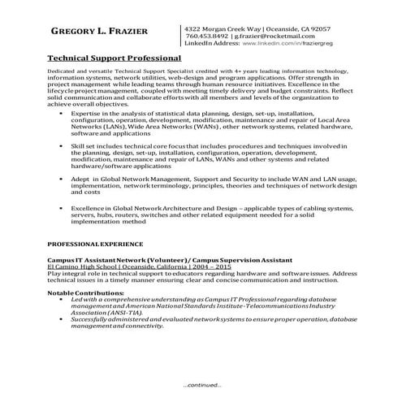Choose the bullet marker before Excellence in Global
tap(63, 209)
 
